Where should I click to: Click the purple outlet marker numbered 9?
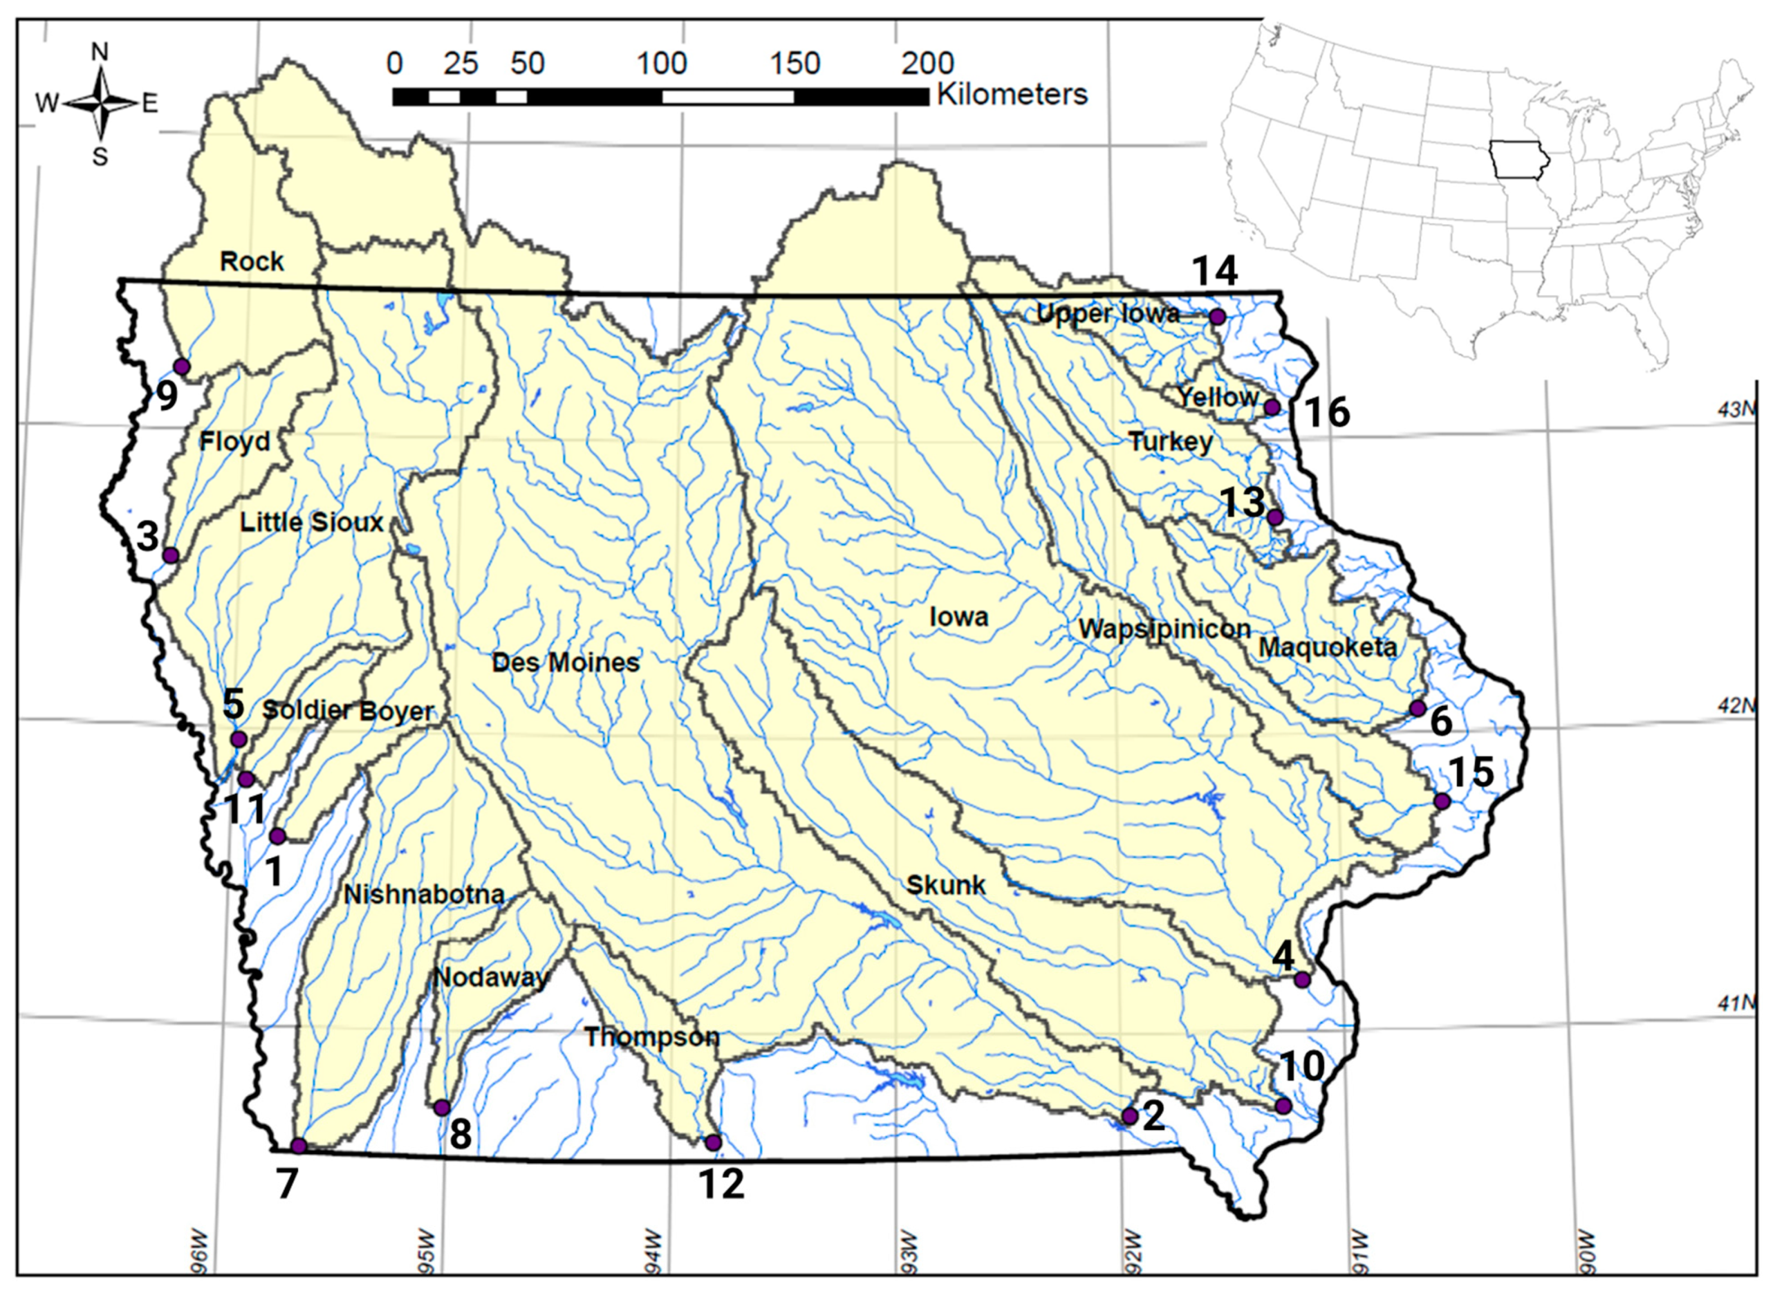(182, 367)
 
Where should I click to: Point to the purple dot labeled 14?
(1217, 317)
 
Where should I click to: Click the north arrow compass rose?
(100, 103)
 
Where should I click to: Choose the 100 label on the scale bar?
(661, 63)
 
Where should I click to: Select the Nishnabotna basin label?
(424, 894)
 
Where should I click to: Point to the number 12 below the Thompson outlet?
(721, 1184)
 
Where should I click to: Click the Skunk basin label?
(945, 885)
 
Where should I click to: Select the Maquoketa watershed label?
(1327, 647)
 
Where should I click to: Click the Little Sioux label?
(311, 522)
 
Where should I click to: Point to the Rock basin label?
(252, 261)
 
